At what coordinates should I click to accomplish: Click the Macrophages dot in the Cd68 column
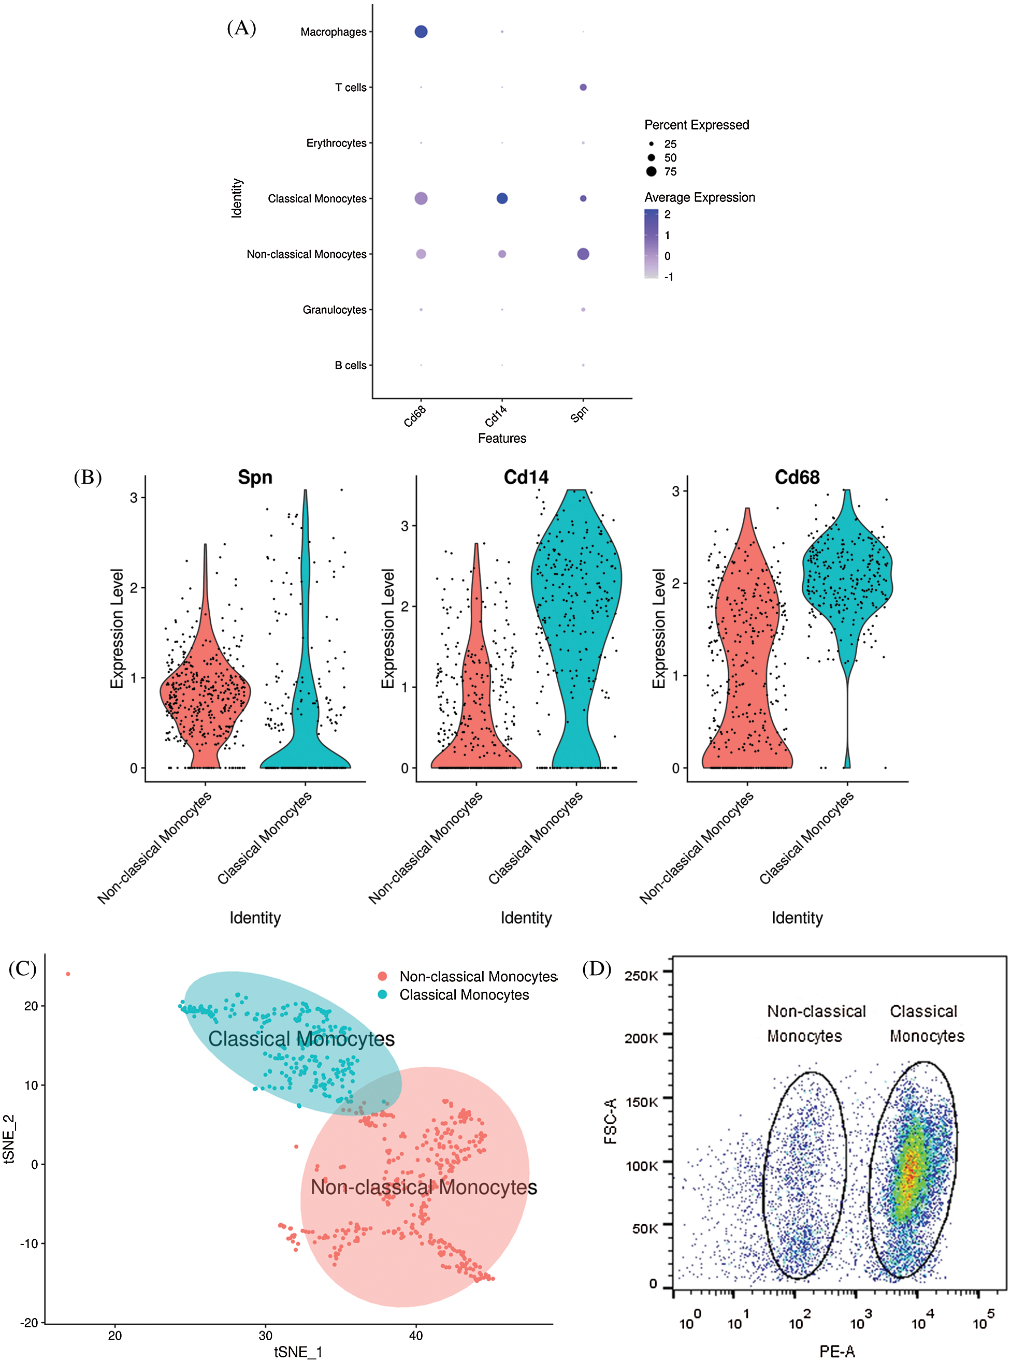421,31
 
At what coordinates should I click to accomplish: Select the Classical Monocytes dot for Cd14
502,198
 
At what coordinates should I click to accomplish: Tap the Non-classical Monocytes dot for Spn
583,254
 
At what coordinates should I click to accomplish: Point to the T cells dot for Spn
583,88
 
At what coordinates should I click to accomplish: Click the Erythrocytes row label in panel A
336,143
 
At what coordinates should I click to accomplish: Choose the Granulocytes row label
334,310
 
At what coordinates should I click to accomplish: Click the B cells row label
350,365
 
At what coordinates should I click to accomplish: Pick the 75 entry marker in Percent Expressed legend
651,171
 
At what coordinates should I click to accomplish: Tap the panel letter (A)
241,27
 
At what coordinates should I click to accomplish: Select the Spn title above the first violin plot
255,477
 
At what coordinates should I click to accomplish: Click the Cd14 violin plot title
526,477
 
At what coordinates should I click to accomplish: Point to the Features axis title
502,438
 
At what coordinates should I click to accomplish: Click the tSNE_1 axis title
298,1352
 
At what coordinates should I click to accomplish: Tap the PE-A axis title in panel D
836,1351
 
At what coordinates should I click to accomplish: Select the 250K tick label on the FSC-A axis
641,975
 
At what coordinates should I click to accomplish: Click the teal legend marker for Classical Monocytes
382,994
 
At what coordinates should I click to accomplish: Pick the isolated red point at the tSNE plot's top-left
68,974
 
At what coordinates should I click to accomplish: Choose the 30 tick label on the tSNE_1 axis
266,1335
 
